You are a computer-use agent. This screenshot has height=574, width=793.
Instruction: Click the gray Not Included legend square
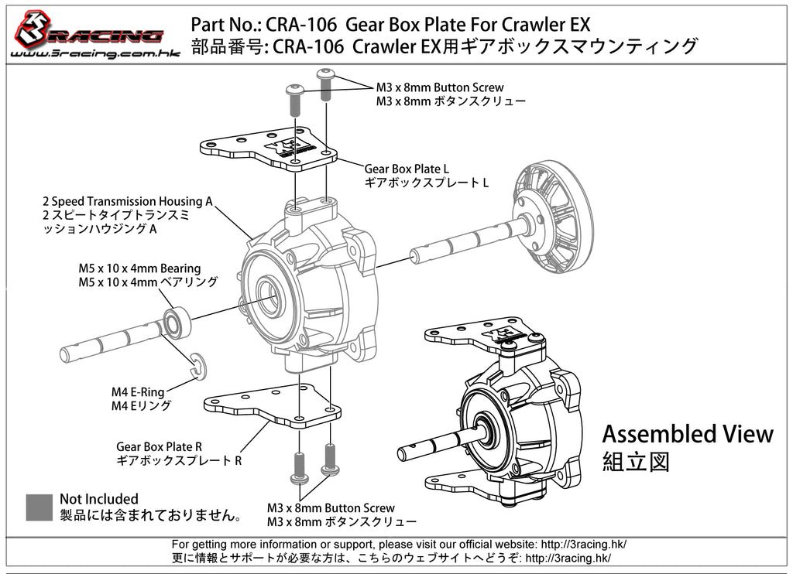39,507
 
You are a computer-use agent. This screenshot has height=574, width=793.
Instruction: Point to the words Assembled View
687,434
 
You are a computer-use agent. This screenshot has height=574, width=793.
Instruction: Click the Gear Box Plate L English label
406,169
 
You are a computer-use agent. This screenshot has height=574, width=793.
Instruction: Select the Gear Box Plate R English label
159,446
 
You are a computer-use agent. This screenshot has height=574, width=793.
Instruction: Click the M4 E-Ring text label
138,392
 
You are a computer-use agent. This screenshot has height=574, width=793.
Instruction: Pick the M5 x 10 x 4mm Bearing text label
139,268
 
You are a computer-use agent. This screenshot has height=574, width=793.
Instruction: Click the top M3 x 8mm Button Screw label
439,87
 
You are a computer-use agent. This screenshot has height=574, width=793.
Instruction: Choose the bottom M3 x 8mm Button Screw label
331,508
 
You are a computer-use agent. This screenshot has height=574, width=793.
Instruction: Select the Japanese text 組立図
635,463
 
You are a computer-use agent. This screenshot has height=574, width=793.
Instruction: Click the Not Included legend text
99,499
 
